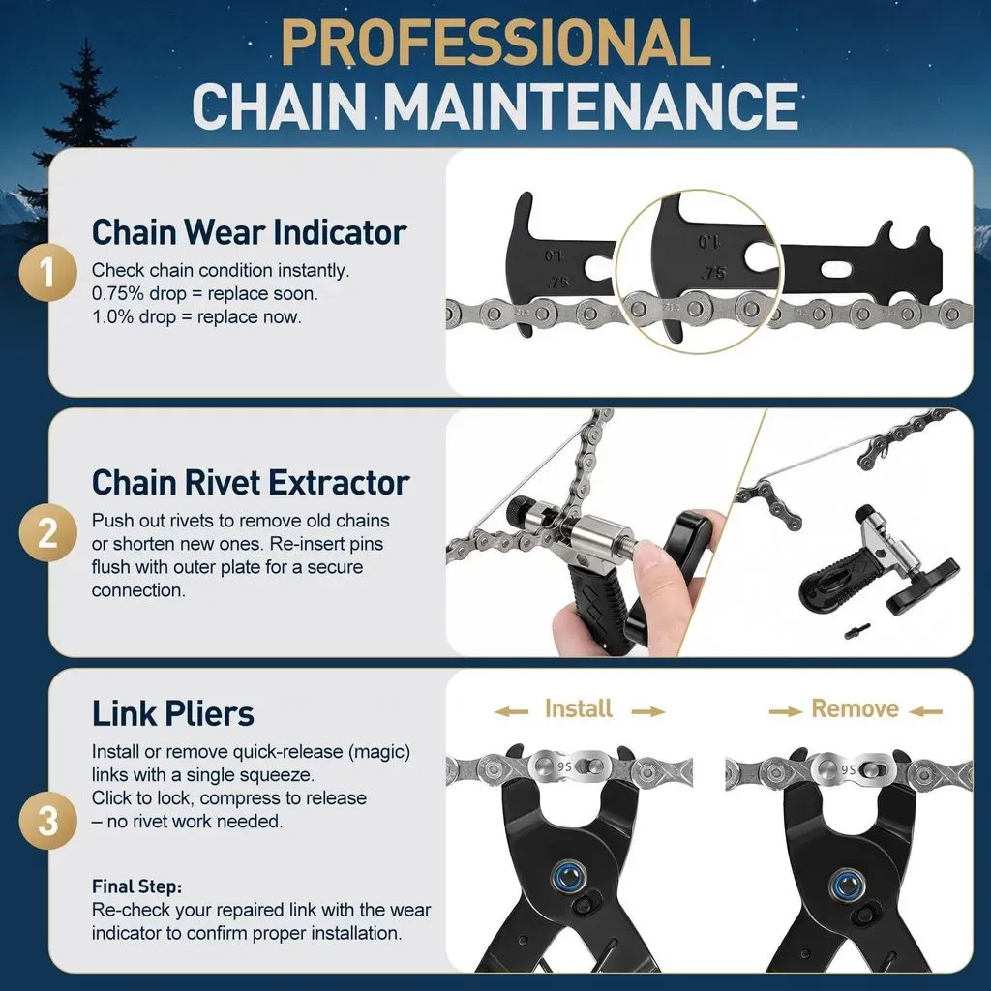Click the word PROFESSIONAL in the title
[x=495, y=43]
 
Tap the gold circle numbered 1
[x=48, y=273]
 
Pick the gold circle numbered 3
[x=48, y=820]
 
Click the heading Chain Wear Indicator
[x=249, y=232]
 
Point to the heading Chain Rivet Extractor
[x=251, y=482]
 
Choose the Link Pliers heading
[x=173, y=713]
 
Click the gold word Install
[x=579, y=708]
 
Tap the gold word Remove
[x=856, y=708]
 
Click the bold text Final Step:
[x=137, y=886]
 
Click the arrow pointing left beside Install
[x=511, y=711]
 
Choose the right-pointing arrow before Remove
[x=786, y=711]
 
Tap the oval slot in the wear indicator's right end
[x=840, y=269]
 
